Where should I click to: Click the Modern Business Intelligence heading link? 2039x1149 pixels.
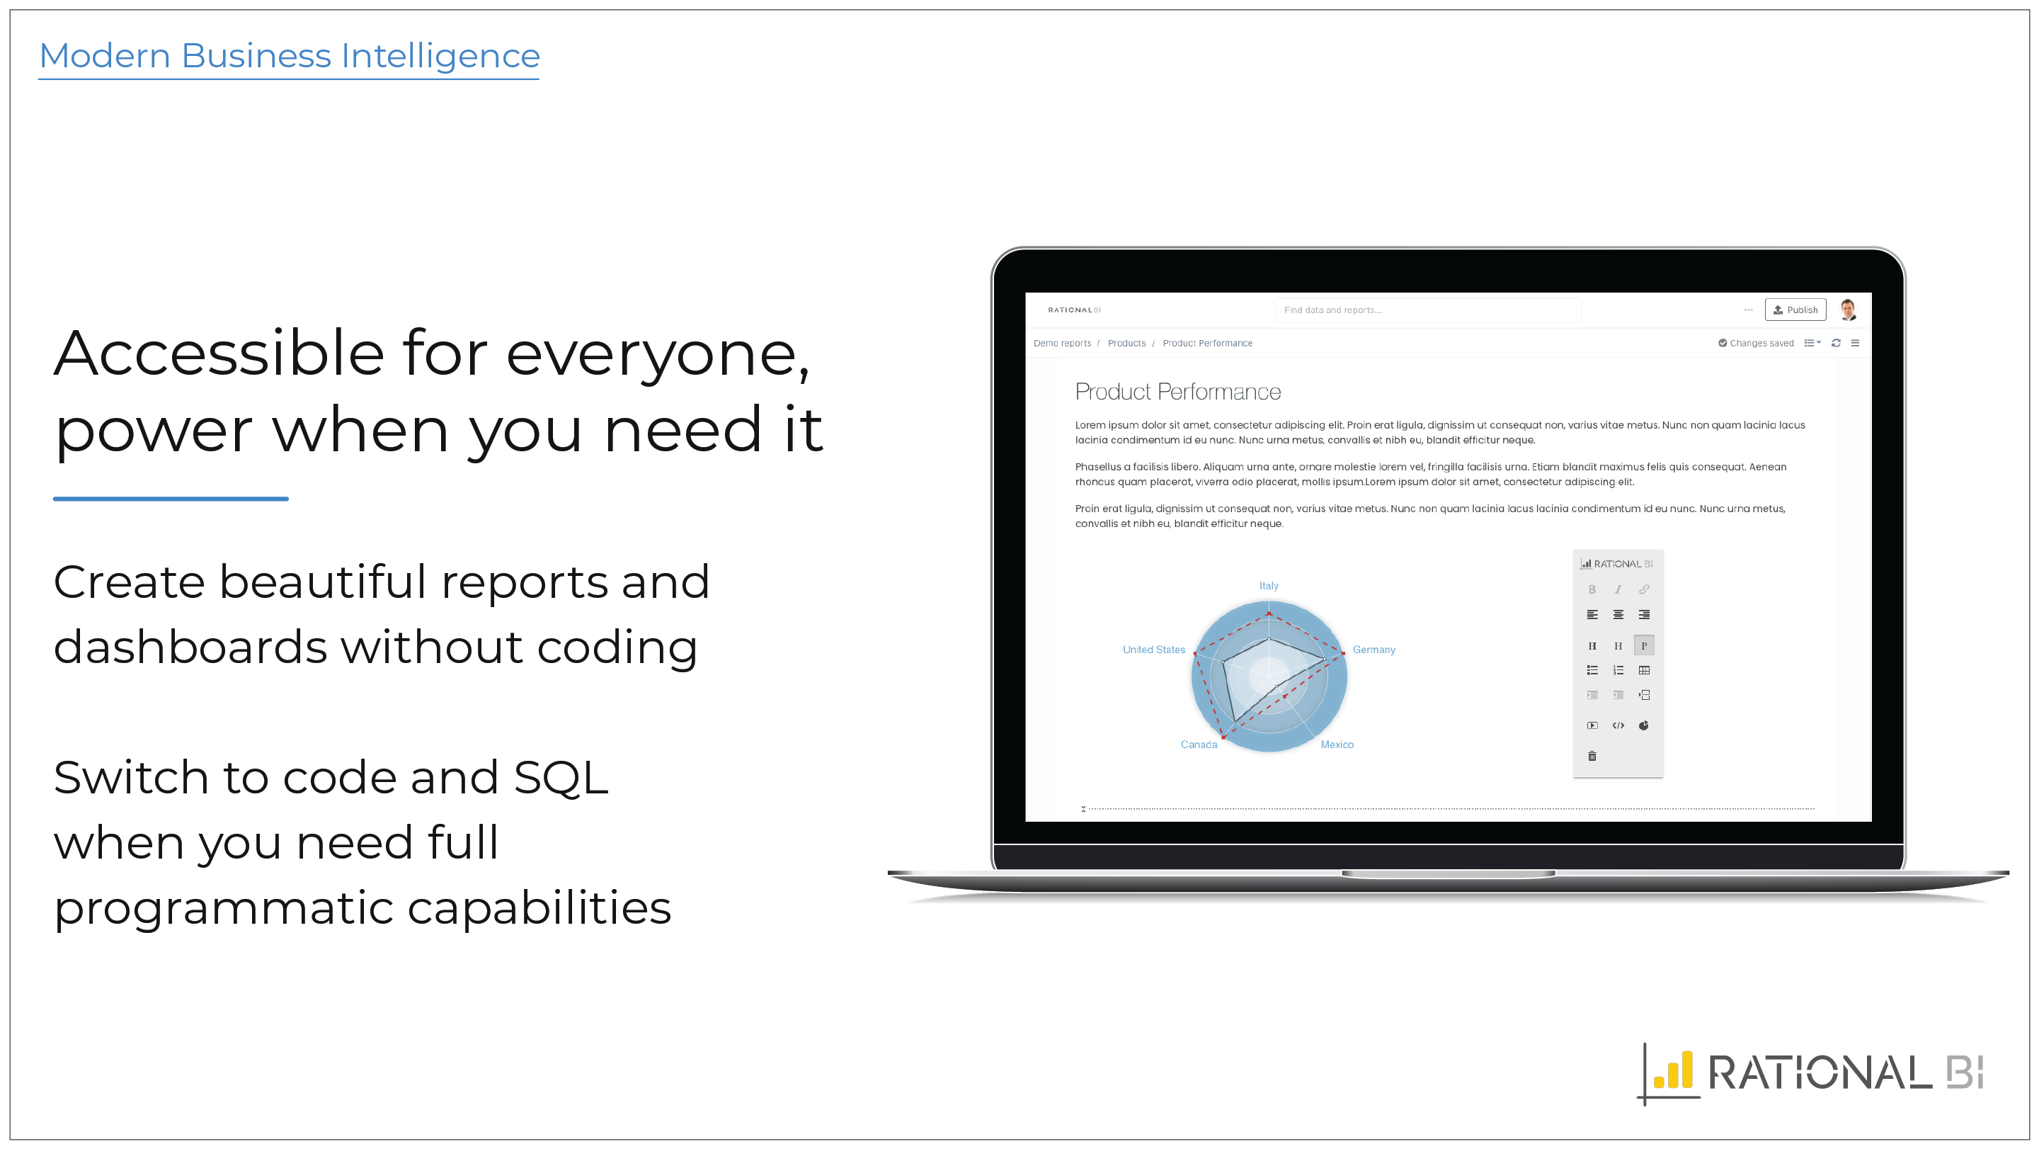290,55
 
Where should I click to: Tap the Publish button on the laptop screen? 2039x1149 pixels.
1795,310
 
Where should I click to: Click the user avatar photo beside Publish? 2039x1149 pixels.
1849,310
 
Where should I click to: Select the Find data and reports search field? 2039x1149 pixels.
1428,310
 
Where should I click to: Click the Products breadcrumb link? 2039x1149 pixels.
1126,343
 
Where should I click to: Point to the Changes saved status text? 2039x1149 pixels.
1761,343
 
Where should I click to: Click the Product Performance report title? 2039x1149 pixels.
1178,391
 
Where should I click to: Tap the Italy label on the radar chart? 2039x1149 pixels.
1269,585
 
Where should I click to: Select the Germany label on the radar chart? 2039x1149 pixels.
1374,650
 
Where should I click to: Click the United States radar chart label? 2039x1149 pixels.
1154,650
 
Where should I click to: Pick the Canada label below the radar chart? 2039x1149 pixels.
1199,745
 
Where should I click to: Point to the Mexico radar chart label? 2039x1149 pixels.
1337,745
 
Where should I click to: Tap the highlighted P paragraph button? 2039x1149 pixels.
1644,645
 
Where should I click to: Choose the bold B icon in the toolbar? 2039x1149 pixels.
1592,589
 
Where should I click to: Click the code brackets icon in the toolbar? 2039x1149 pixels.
1618,725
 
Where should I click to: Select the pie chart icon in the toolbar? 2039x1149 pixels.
1644,725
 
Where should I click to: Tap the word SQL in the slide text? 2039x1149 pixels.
561,777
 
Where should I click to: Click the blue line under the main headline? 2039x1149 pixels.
171,499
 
